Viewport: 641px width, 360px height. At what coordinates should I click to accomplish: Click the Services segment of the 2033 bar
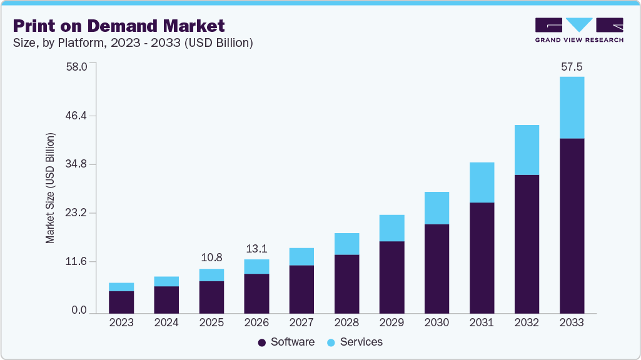(572, 107)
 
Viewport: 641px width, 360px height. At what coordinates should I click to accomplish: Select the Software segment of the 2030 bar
(437, 268)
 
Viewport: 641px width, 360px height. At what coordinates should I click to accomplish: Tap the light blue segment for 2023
(121, 287)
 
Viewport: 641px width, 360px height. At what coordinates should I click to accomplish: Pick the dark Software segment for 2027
(301, 289)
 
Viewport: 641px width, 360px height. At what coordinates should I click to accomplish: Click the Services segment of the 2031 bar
(482, 182)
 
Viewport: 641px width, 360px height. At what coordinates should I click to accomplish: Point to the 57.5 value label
(572, 67)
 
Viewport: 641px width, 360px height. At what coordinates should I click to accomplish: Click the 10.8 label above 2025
(211, 257)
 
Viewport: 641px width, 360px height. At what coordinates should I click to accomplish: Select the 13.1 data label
(256, 247)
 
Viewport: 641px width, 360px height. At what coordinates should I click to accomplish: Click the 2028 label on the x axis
(346, 322)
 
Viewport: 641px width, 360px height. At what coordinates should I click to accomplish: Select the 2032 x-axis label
(527, 322)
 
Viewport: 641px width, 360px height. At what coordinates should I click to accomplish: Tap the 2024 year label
(166, 322)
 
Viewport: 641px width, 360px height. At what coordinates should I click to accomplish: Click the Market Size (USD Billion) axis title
(51, 188)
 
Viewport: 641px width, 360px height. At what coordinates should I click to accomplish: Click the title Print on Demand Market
(119, 26)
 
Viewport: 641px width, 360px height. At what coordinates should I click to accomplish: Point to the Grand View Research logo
(579, 29)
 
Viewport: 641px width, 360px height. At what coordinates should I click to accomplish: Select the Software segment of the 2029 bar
(391, 277)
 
